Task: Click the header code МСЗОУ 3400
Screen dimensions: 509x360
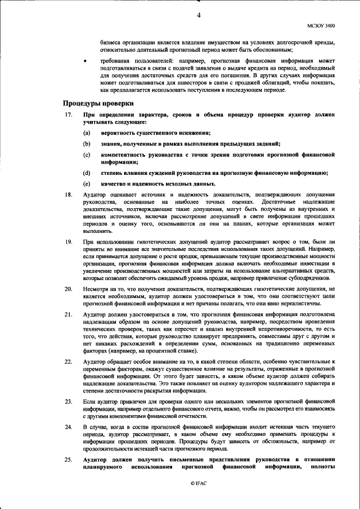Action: (x=320, y=25)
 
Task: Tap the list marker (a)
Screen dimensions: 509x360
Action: (x=87, y=133)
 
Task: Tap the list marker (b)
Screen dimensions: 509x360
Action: (x=87, y=143)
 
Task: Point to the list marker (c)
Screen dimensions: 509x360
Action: (x=87, y=154)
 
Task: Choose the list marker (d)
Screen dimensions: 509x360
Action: (x=87, y=173)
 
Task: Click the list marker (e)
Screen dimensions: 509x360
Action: (x=87, y=183)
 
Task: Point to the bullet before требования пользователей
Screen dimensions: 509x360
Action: (x=84, y=59)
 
